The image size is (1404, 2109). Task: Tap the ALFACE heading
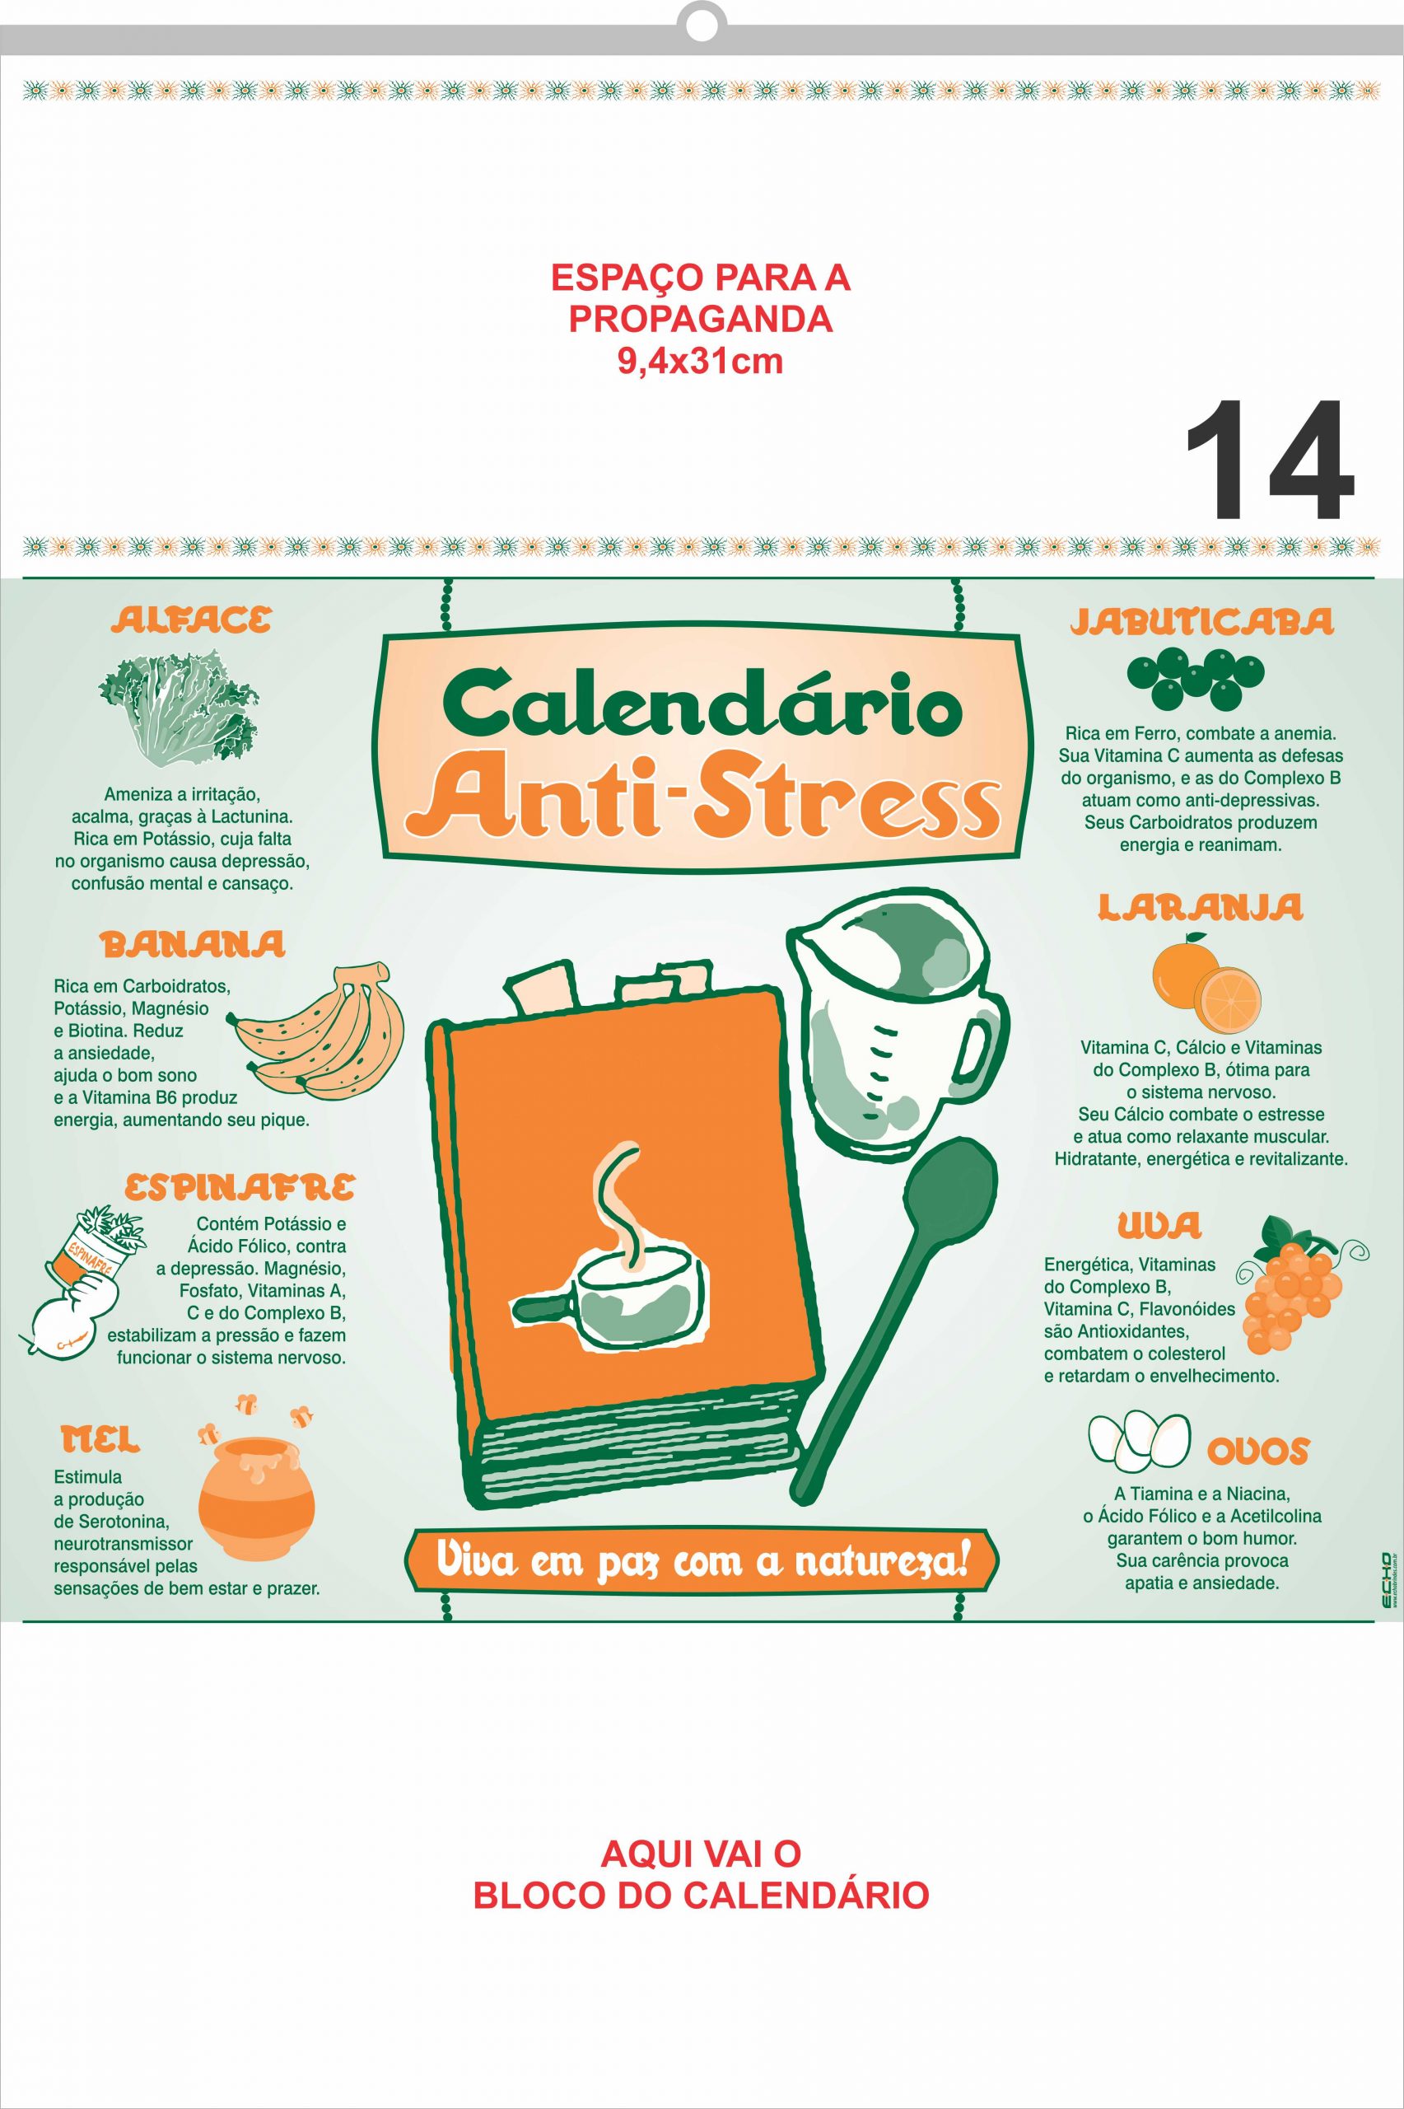(x=190, y=620)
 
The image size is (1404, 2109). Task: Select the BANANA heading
(x=193, y=944)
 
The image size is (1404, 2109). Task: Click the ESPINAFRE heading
(x=239, y=1187)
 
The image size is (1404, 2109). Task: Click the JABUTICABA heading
(x=1201, y=621)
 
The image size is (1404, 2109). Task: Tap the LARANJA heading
(x=1200, y=908)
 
